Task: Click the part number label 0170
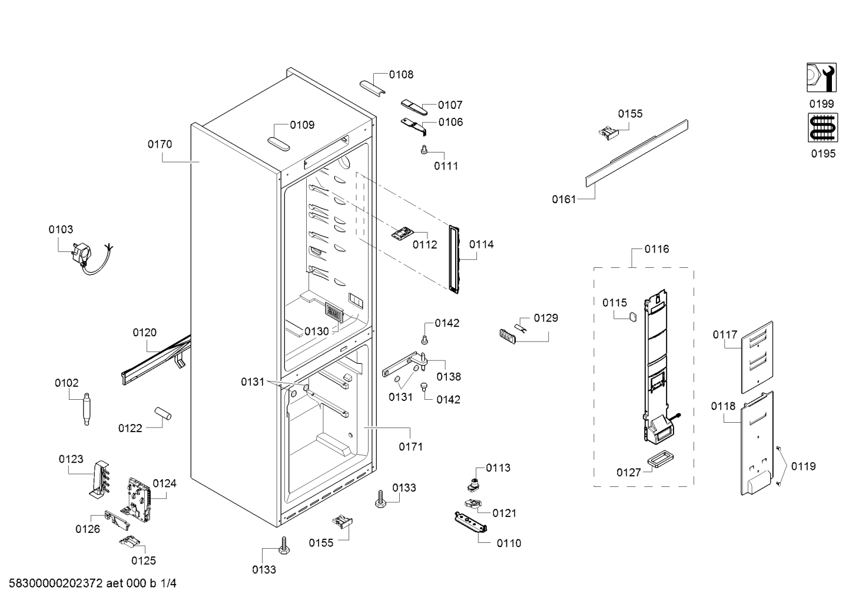[160, 144]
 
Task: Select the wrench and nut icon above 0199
[821, 77]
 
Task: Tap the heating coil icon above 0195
[823, 127]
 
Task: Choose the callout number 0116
[657, 249]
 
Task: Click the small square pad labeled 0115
[632, 317]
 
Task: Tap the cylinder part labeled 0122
[162, 413]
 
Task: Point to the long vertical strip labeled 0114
[454, 259]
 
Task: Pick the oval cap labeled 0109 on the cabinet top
[278, 144]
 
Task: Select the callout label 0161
[563, 200]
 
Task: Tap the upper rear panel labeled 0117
[757, 357]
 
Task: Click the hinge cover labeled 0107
[414, 107]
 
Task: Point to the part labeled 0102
[87, 409]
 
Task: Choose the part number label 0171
[410, 447]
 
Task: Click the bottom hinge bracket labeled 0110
[470, 522]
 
